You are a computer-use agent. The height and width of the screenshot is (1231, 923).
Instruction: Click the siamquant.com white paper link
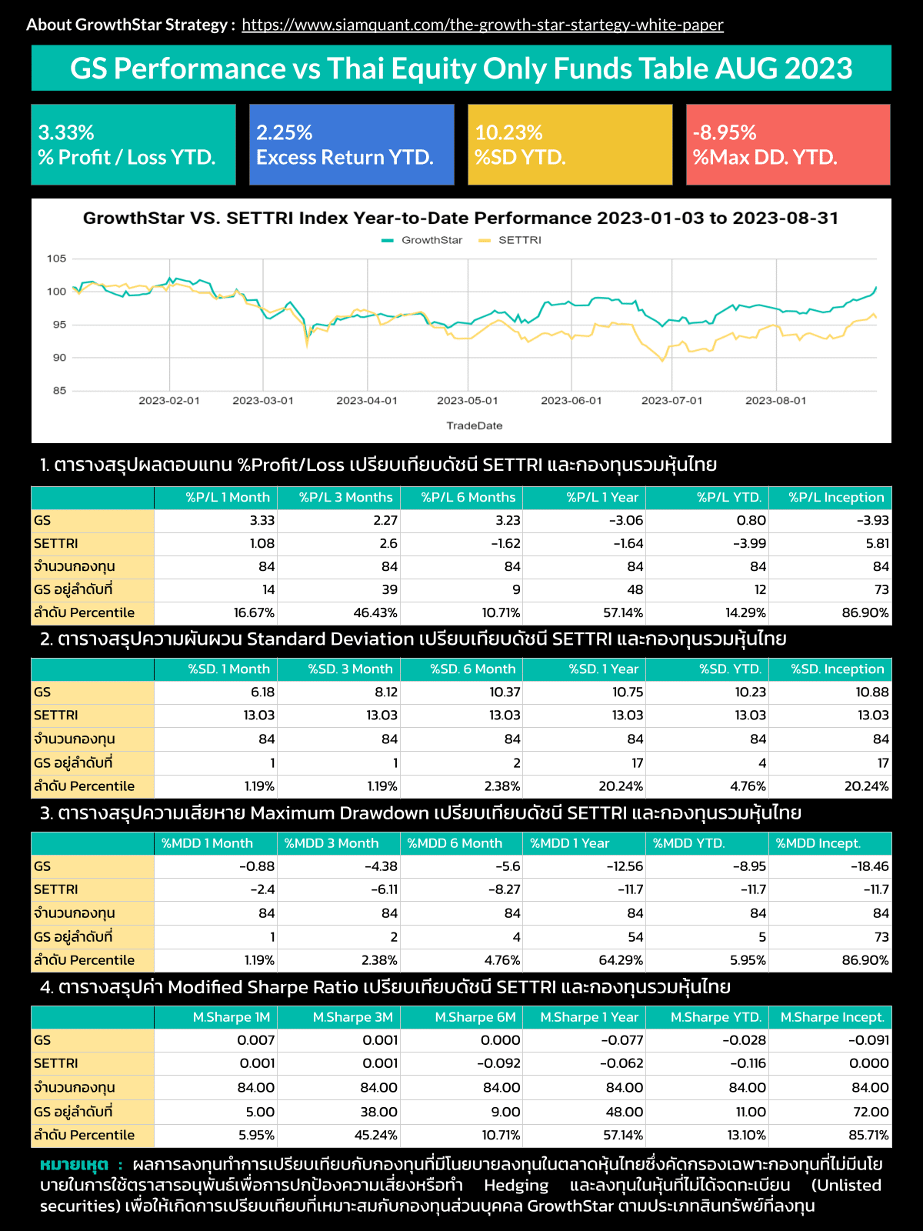click(x=482, y=25)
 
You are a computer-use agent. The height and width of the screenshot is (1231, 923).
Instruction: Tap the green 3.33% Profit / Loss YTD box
click(x=133, y=145)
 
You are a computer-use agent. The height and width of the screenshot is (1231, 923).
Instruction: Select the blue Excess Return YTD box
click(x=352, y=145)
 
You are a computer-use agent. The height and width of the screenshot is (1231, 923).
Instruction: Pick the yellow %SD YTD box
click(x=570, y=145)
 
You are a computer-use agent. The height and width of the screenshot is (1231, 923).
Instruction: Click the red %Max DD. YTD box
click(x=788, y=145)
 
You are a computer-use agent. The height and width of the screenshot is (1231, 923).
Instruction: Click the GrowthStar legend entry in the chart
click(x=423, y=240)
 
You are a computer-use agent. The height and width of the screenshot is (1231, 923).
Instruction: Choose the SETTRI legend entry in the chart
click(x=511, y=240)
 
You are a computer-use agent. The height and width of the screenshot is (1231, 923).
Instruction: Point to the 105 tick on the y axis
click(x=56, y=259)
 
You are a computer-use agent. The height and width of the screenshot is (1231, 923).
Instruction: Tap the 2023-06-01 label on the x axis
click(x=571, y=401)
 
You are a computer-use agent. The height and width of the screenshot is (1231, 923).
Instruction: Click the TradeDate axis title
click(x=474, y=425)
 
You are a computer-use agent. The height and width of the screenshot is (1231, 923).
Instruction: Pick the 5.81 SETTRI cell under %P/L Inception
click(x=877, y=544)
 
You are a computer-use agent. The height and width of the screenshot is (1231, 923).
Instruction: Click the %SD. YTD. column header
click(x=730, y=669)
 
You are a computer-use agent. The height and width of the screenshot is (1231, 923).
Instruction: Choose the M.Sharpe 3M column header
click(x=352, y=1017)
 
